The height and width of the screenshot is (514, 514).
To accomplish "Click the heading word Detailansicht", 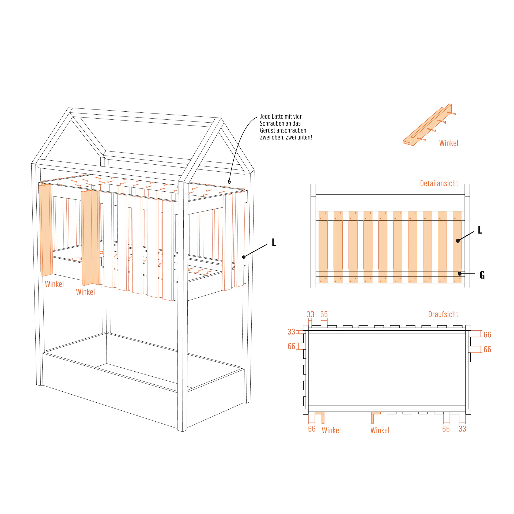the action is [x=439, y=183].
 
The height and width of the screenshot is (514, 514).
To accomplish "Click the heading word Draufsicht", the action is [x=443, y=314].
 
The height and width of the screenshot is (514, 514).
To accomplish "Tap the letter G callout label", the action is [x=482, y=275].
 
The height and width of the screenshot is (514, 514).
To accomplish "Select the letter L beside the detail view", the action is [x=480, y=230].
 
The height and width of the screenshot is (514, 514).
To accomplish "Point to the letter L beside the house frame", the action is [x=274, y=242].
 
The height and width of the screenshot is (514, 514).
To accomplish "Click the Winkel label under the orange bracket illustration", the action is [x=449, y=143].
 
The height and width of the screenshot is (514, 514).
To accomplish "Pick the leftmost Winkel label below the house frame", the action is [x=54, y=284].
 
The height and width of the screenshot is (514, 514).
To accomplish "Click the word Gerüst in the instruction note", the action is [x=268, y=131].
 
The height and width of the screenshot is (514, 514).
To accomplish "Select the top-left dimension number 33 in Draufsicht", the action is [x=311, y=314].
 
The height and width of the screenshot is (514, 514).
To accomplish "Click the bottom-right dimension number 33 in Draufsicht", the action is [x=463, y=429].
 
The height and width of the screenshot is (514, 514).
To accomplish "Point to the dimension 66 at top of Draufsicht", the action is [x=324, y=314].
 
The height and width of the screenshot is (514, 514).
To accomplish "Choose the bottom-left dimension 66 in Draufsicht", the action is [x=312, y=429].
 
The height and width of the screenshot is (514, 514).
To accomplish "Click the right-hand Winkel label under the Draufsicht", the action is [x=380, y=430].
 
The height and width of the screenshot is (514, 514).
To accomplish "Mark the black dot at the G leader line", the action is [x=459, y=274].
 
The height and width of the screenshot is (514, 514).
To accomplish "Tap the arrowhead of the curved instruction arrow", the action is [x=229, y=182].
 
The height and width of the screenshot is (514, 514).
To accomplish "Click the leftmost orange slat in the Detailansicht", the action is [x=323, y=247].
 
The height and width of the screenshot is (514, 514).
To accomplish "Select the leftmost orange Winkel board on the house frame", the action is [x=46, y=230].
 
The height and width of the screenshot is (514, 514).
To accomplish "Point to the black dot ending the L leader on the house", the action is [x=244, y=257].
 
